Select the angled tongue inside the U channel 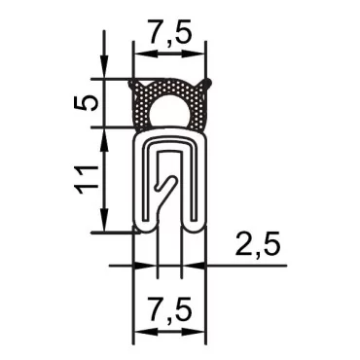click(x=168, y=185)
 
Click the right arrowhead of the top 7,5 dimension click(x=202, y=55)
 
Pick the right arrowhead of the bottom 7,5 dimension click(x=202, y=334)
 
